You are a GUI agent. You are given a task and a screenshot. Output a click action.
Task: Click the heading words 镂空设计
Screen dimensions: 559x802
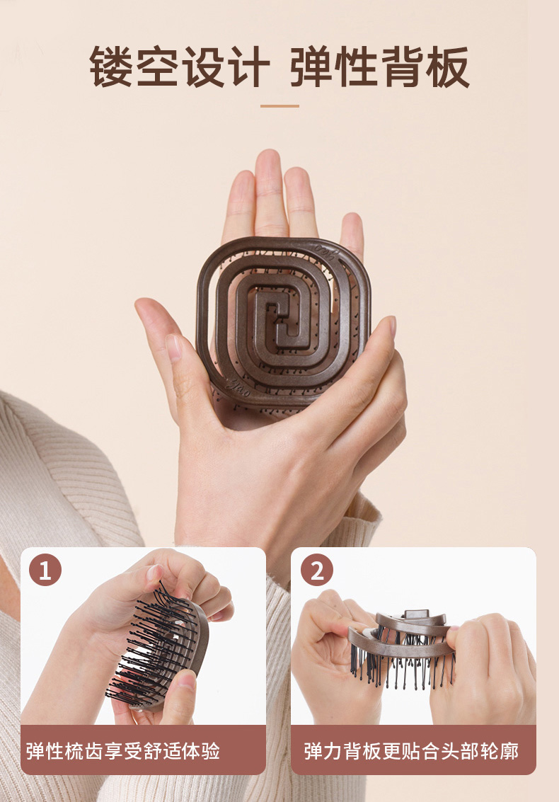pyautogui.click(x=179, y=67)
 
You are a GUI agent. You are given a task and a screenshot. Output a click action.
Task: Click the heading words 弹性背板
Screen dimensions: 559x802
pyautogui.click(x=379, y=67)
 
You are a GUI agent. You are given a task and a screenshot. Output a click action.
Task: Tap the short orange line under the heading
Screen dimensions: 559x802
pyautogui.click(x=279, y=106)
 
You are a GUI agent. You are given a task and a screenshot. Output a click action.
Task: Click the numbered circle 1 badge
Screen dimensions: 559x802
pyautogui.click(x=45, y=570)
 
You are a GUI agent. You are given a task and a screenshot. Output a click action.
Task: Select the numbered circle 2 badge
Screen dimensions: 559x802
pyautogui.click(x=317, y=570)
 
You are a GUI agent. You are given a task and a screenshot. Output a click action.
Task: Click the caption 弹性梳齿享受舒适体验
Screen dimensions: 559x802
pyautogui.click(x=123, y=751)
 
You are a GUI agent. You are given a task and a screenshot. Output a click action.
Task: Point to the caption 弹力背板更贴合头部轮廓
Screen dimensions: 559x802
pyautogui.click(x=411, y=751)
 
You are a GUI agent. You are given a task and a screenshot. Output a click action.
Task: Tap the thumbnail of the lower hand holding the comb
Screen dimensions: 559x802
pyautogui.click(x=387, y=327)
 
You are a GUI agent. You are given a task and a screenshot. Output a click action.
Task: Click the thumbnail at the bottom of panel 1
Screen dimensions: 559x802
pyautogui.click(x=186, y=683)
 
